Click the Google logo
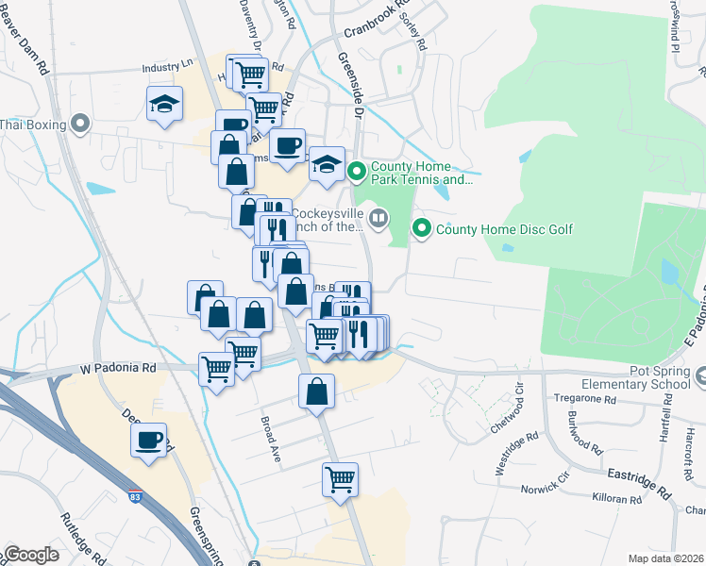tap(31, 555)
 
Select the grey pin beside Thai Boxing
tap(81, 124)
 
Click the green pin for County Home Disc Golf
tap(421, 228)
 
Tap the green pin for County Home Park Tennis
tap(356, 172)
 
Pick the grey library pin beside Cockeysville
tap(378, 219)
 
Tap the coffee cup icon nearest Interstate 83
tap(148, 440)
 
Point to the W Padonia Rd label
tap(118, 368)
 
